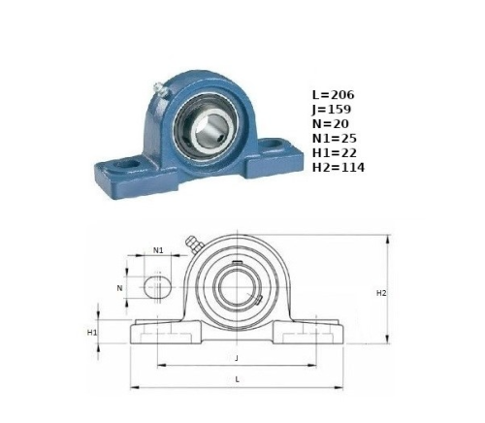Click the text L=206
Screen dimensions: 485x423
(333, 95)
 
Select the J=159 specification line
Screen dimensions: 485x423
(332, 110)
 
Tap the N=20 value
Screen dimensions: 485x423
(331, 124)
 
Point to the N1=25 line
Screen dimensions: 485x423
(335, 139)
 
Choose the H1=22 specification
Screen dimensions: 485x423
(335, 152)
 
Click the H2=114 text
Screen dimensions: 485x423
(339, 167)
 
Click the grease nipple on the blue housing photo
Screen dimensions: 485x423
(161, 89)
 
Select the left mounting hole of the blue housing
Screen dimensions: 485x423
(128, 164)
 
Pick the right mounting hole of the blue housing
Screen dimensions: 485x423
(274, 144)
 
